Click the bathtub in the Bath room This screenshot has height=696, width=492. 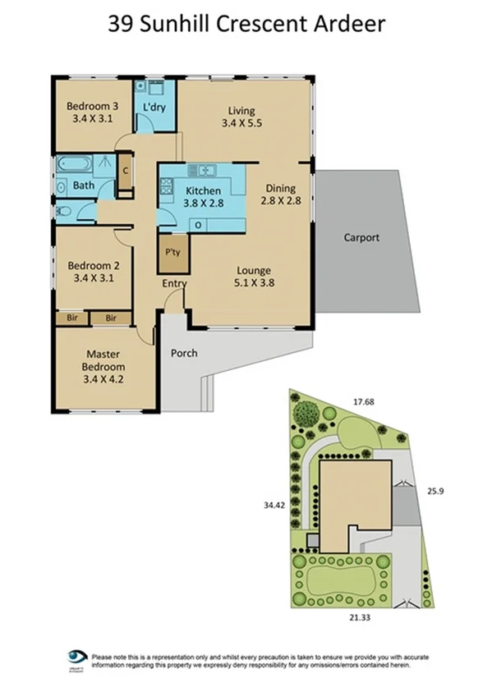click(x=67, y=164)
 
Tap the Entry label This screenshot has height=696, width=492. click(x=173, y=284)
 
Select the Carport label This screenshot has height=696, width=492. click(x=361, y=238)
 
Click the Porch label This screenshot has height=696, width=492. click(x=183, y=354)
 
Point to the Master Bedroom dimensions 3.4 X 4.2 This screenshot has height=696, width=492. click(x=104, y=380)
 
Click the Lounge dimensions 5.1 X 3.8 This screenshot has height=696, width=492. click(x=254, y=285)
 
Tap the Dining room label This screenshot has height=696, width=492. click(x=278, y=186)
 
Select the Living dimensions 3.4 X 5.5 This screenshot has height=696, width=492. click(x=241, y=124)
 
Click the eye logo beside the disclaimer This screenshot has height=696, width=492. click(x=78, y=657)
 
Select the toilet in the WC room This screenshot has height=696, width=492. click(x=64, y=211)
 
